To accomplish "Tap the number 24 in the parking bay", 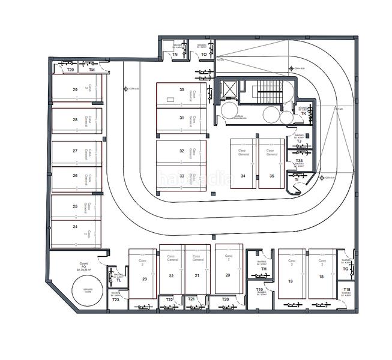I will [x=75, y=227].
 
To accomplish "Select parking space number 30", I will [x=181, y=89].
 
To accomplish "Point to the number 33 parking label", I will [x=181, y=176].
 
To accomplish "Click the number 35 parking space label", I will [x=272, y=176].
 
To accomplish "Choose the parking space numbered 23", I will [x=145, y=279].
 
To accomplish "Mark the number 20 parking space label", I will [x=228, y=275].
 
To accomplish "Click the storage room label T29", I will [x=70, y=70].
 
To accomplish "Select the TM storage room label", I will [x=92, y=70].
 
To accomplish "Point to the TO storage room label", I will [x=204, y=55].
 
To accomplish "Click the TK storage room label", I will [x=303, y=113].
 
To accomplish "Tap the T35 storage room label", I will [x=299, y=161].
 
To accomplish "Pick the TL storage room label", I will [x=119, y=281].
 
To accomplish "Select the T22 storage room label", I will [x=169, y=299].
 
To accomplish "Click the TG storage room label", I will [x=345, y=269].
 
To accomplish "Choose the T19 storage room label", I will [x=260, y=290].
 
